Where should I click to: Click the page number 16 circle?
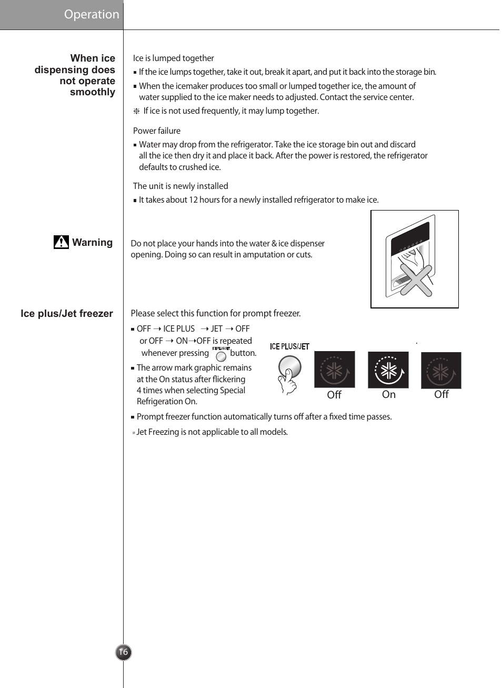tap(123, 652)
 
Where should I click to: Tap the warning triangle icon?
tap(61, 242)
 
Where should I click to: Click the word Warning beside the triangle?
tap(92, 243)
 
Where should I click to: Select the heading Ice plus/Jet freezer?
tap(67, 314)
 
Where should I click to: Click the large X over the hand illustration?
tap(416, 281)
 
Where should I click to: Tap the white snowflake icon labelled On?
tap(388, 371)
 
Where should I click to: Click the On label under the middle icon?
tap(388, 395)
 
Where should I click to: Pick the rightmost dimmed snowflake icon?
tap(441, 371)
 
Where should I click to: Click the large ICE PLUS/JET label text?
tap(289, 346)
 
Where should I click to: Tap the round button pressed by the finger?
tap(290, 366)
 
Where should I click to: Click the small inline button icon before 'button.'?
tap(221, 356)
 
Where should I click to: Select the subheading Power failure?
tap(157, 131)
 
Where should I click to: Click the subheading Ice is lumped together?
tap(173, 58)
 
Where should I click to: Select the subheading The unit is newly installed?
tap(180, 186)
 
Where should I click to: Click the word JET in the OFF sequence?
tap(216, 329)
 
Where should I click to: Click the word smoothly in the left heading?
tap(92, 92)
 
